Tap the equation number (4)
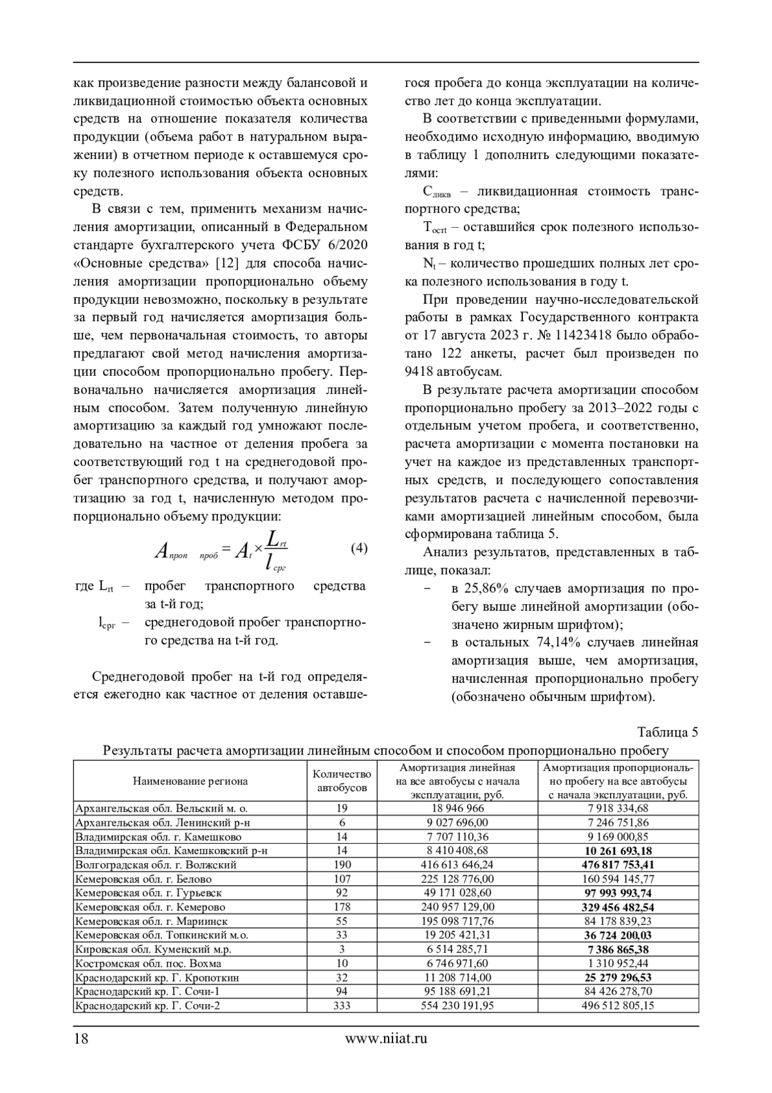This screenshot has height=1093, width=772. pos(358,548)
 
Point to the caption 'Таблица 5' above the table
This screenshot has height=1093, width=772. pos(667,732)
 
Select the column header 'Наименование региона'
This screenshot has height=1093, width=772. pos(190,781)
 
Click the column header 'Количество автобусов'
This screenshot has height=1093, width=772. pos(342,781)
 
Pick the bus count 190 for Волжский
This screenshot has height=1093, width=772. pos(342,864)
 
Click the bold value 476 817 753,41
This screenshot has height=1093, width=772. pos(618,864)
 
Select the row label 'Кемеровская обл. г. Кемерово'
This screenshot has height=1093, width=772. pos(151,907)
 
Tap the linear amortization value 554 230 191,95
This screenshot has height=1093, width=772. pos(457,1005)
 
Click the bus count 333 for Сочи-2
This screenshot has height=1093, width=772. pos(342,1005)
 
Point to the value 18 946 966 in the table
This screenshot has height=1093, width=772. pos(457,808)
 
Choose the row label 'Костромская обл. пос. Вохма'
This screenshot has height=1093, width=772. pos(149,964)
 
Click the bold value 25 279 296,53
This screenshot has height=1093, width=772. pos(618,978)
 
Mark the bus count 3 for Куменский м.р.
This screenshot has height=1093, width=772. pos(342,949)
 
